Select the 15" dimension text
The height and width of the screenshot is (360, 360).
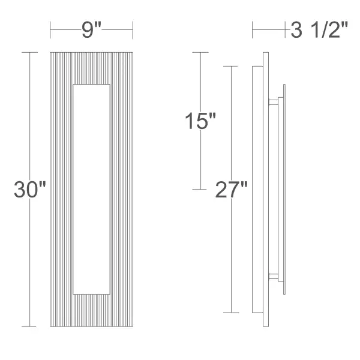[x=200, y=121]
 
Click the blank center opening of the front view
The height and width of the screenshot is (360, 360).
[x=91, y=189]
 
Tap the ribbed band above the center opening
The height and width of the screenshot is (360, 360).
[x=91, y=68]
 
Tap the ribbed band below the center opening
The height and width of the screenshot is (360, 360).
[x=91, y=310]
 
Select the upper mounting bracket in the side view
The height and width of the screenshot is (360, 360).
[x=274, y=102]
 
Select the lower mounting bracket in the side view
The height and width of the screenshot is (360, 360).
[x=274, y=277]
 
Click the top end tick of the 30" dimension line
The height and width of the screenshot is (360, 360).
[x=29, y=53]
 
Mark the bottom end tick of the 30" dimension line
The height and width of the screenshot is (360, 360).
[x=29, y=326]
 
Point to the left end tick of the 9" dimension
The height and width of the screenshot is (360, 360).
[x=50, y=29]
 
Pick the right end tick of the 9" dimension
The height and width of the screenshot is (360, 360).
[x=132, y=29]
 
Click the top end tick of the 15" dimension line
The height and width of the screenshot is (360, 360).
[x=199, y=53]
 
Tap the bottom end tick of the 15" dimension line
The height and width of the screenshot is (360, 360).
[x=199, y=190]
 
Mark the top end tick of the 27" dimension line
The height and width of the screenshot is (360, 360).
[x=230, y=66]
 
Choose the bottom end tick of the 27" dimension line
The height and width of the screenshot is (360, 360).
[x=230, y=313]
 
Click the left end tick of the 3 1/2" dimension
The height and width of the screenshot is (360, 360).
[x=253, y=29]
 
